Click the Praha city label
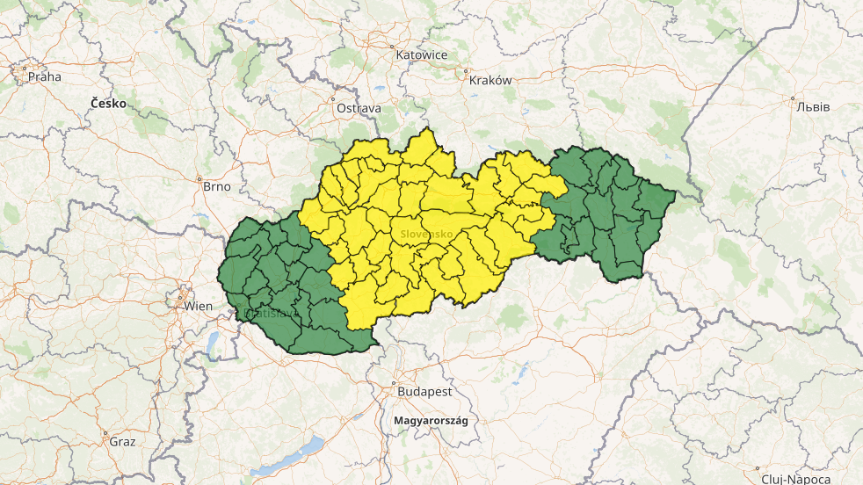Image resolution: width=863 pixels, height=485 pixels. click(x=45, y=76)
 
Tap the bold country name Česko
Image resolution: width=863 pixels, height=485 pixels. click(x=108, y=104)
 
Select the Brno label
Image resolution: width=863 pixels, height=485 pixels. click(x=216, y=186)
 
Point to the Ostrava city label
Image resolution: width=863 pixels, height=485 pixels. click(x=359, y=108)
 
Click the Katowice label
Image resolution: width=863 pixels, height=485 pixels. click(x=422, y=54)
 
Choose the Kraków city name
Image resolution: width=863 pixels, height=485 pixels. click(x=491, y=80)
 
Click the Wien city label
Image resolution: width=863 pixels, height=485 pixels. click(x=199, y=306)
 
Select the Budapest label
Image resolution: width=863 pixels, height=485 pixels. click(x=424, y=391)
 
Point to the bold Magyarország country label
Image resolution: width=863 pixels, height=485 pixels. click(x=431, y=420)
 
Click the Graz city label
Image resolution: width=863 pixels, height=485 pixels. click(x=122, y=441)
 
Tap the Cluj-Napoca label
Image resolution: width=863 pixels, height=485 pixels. click(x=796, y=479)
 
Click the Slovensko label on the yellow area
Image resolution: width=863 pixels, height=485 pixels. click(x=426, y=235)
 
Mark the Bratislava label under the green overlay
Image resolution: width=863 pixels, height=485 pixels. click(x=271, y=313)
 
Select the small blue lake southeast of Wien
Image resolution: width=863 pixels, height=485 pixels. click(x=213, y=344)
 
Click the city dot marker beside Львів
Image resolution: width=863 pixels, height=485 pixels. click(x=793, y=98)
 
